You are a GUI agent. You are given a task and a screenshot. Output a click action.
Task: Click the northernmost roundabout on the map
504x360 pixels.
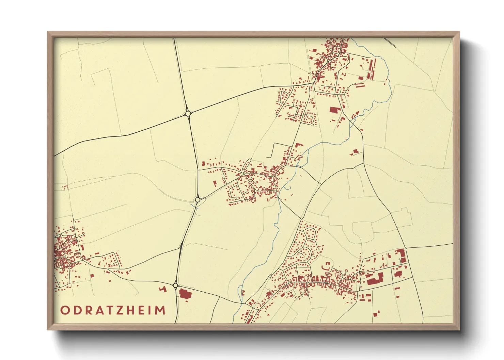pos(188,113)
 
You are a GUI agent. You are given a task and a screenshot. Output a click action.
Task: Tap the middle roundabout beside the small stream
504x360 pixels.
pos(197,199)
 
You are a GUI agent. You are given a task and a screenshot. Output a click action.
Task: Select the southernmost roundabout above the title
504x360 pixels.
pos(175,285)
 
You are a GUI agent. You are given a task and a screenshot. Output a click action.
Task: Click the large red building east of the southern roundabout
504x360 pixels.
pos(184,294)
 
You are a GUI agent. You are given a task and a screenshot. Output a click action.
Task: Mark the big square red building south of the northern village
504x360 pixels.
pos(334,110)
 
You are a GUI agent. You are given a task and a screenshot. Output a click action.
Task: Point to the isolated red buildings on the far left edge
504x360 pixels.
pos(65,187)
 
